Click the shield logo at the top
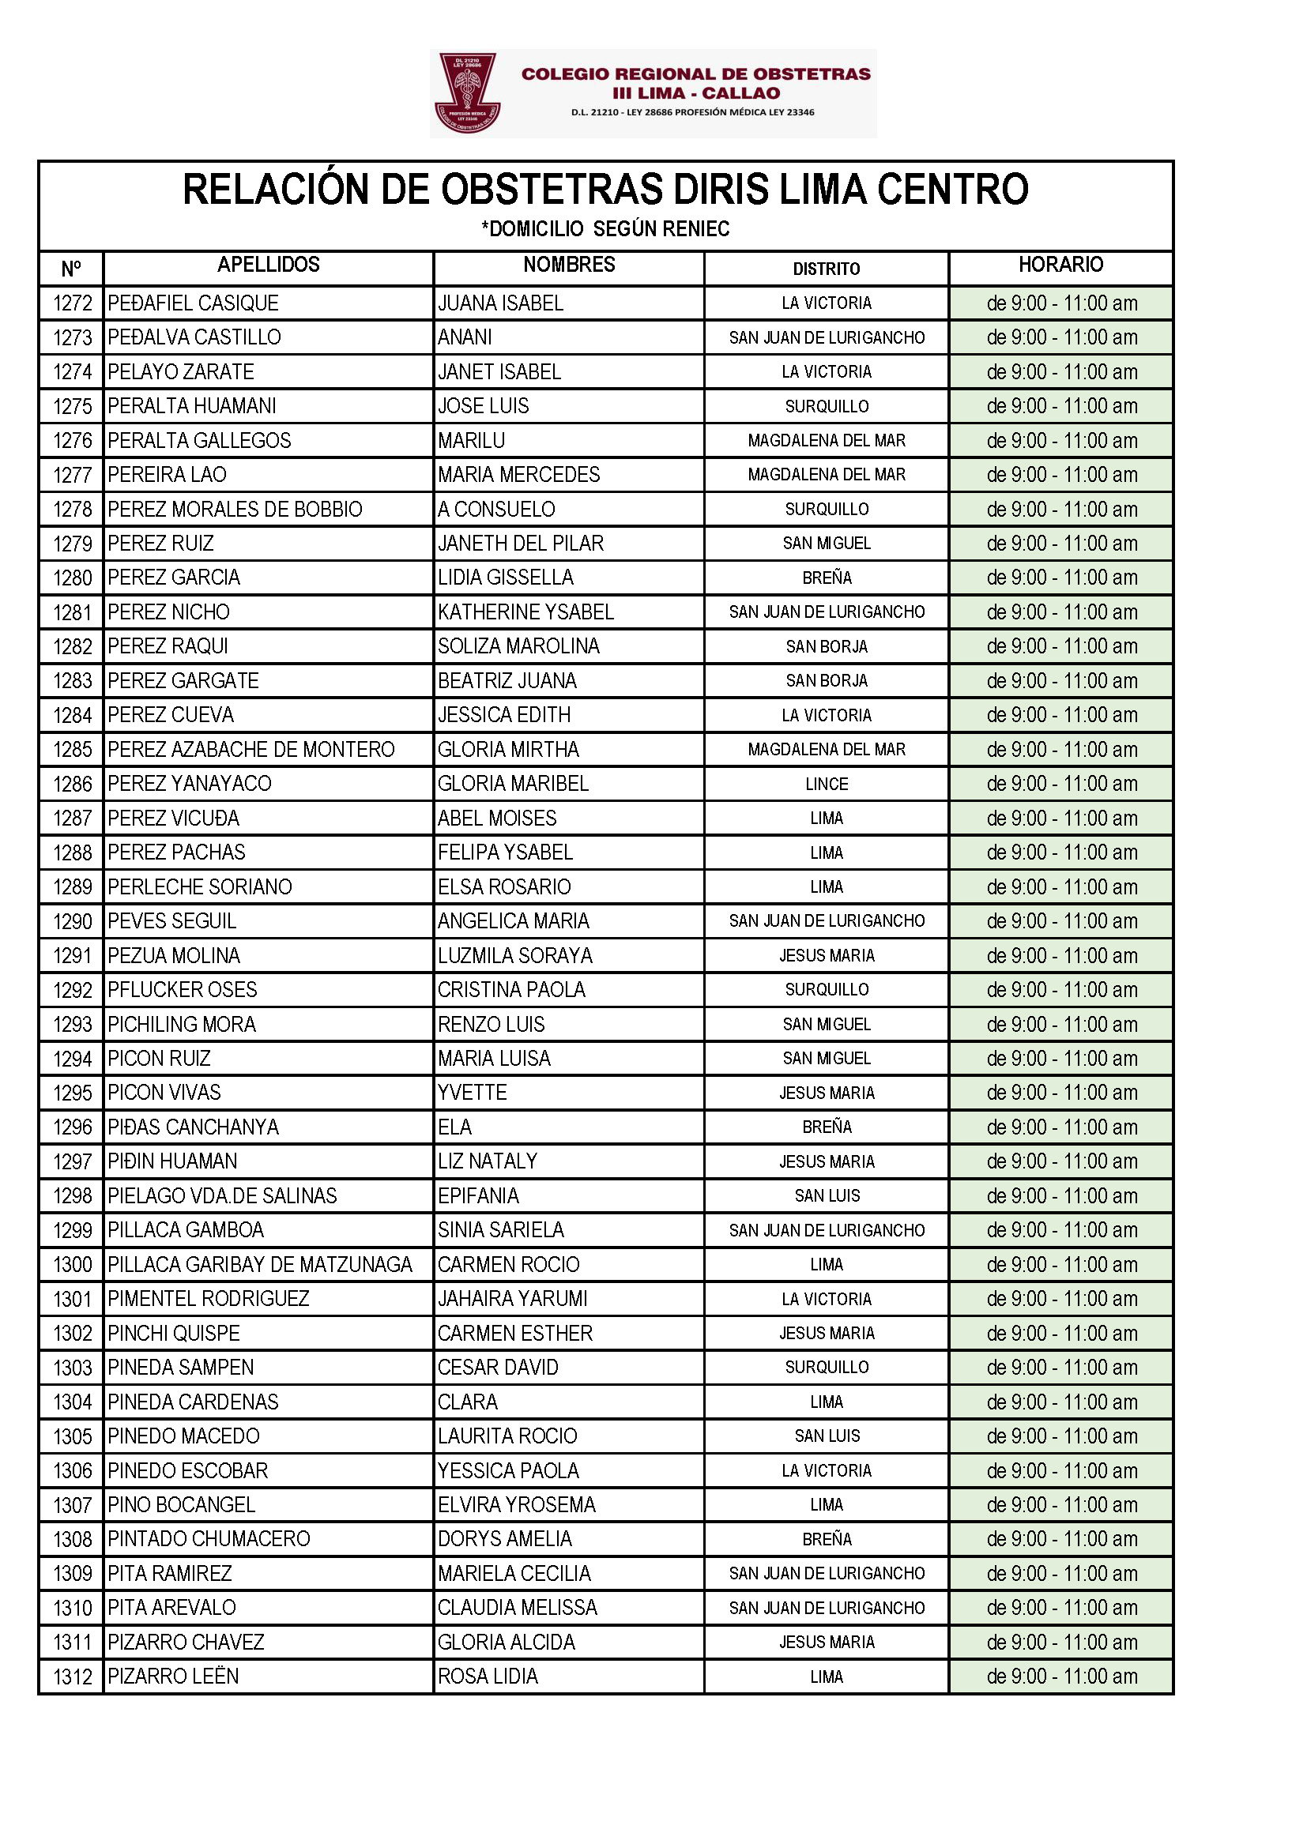click(x=468, y=92)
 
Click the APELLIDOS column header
click(x=268, y=265)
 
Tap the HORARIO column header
click(x=1060, y=265)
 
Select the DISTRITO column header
click(x=826, y=269)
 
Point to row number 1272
click(x=73, y=303)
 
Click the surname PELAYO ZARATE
click(x=180, y=372)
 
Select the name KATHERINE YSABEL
click(x=525, y=612)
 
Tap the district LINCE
click(x=827, y=784)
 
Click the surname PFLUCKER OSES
click(x=182, y=990)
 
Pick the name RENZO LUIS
click(x=491, y=1025)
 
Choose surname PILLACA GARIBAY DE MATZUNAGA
click(x=260, y=1264)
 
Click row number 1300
click(x=73, y=1265)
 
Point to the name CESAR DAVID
click(x=497, y=1367)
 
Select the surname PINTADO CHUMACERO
click(x=209, y=1538)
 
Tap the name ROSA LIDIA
click(x=488, y=1676)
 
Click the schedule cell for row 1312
click(x=1061, y=1676)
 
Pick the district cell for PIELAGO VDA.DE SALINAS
click(x=827, y=1195)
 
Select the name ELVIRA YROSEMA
click(x=516, y=1505)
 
